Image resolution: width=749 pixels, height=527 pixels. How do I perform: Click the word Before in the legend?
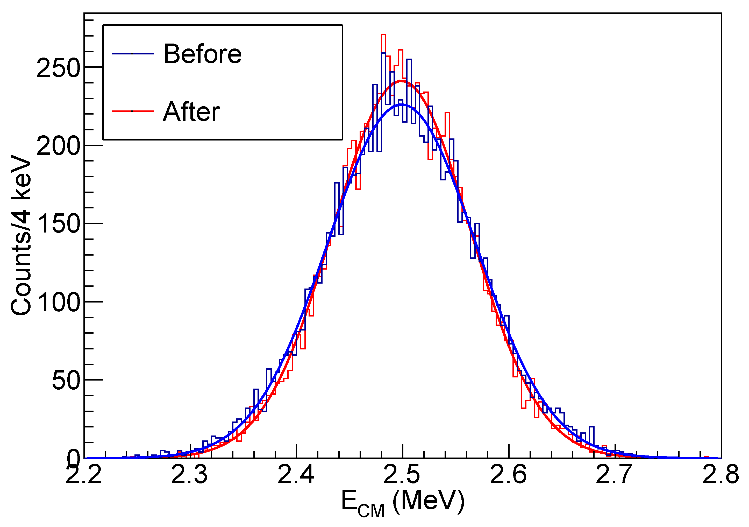pyautogui.click(x=202, y=54)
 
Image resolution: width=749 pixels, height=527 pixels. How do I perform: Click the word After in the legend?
pyautogui.click(x=191, y=112)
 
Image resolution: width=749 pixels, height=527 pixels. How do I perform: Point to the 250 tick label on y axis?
pyautogui.click(x=58, y=68)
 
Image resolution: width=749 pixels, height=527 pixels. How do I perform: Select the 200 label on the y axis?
pyautogui.click(x=58, y=146)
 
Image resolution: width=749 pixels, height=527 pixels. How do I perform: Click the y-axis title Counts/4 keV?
pyautogui.click(x=21, y=235)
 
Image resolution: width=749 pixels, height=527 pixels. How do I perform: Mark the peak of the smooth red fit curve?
pyautogui.click(x=401, y=81)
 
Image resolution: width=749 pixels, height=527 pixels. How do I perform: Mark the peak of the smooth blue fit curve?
pyautogui.click(x=402, y=104)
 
